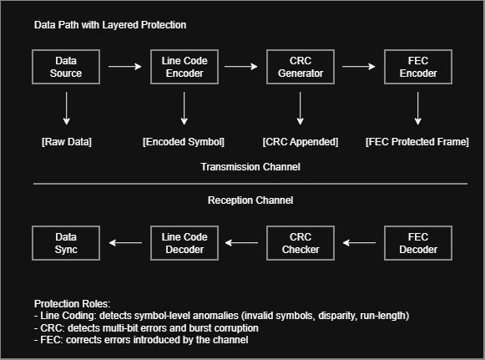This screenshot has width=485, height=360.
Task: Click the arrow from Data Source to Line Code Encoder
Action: click(x=125, y=67)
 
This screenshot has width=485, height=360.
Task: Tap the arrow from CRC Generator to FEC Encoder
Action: click(x=359, y=67)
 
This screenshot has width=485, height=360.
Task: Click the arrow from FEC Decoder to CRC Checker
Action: click(x=359, y=243)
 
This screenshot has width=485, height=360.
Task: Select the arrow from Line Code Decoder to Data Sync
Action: click(x=125, y=243)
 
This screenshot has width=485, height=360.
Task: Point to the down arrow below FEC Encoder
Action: click(x=418, y=109)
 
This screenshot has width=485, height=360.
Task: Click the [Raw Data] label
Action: click(x=67, y=142)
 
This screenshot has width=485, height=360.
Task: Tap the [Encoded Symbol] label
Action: click(x=184, y=142)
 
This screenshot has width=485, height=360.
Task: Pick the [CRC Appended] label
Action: click(x=301, y=142)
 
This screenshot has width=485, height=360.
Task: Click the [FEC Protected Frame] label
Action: click(x=417, y=142)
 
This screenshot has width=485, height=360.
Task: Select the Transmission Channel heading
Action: click(x=250, y=167)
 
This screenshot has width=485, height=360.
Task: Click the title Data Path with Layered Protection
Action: click(x=110, y=25)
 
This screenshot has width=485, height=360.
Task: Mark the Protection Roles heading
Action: click(x=72, y=304)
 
